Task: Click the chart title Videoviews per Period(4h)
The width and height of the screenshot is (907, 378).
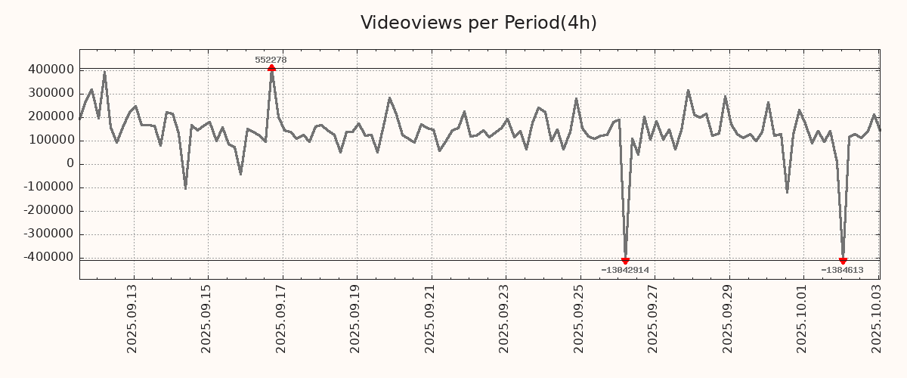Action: point(478,23)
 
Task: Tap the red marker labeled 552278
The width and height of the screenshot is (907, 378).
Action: point(271,68)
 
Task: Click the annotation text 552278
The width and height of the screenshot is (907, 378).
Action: point(271,60)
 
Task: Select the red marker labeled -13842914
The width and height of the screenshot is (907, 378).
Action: point(625,261)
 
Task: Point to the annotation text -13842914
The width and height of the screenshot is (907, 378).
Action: point(625,270)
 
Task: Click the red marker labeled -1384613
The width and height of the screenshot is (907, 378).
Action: point(843,261)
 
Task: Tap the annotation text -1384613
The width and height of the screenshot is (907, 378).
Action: point(842,270)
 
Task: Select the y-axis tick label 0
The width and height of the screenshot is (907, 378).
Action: point(70,163)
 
